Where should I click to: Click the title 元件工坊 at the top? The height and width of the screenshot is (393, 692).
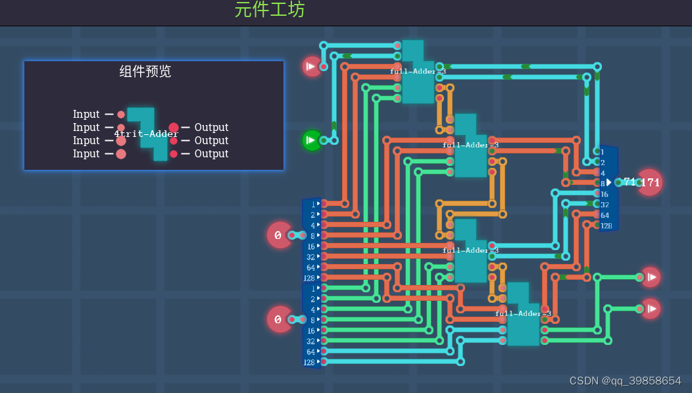[270, 10]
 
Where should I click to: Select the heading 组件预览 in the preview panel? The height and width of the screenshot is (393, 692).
[145, 71]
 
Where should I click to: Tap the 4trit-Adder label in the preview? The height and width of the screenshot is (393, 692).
[146, 134]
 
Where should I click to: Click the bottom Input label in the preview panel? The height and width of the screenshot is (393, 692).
[86, 153]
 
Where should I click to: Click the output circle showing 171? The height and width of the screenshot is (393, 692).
[649, 182]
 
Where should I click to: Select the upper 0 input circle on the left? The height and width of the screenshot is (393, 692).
[279, 235]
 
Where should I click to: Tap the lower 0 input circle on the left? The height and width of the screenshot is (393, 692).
[279, 319]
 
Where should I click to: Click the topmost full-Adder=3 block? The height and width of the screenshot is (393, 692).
[418, 72]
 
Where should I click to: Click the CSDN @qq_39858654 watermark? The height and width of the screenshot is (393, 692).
[625, 380]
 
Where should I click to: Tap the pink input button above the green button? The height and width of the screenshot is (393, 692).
[311, 66]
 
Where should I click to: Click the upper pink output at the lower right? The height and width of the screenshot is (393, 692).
[651, 277]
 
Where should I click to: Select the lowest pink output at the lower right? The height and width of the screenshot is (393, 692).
[651, 309]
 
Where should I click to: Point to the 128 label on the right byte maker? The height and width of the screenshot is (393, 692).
[606, 226]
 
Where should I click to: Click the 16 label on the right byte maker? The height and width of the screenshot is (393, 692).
[605, 194]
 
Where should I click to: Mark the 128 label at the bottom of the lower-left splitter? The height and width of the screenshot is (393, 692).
[309, 362]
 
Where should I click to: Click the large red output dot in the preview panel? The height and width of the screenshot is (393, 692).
[174, 128]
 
